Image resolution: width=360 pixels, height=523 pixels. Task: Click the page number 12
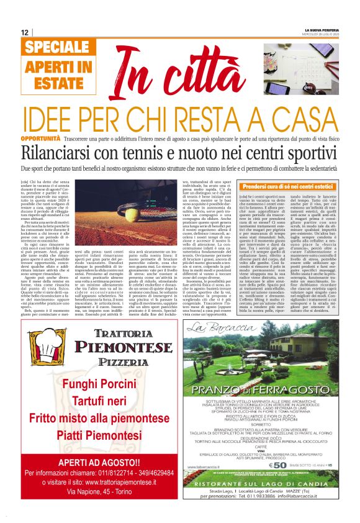click(25, 32)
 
